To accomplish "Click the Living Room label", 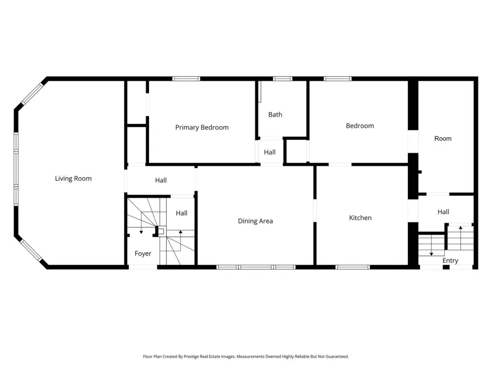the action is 74,179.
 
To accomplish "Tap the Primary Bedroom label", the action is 202,127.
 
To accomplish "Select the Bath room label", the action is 275,114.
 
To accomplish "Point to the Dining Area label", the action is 256,221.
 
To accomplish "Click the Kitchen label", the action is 360,218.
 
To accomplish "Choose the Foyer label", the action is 143,254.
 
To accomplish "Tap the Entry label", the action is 450,260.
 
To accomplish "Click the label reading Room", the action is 443,138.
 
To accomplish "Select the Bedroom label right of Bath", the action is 360,126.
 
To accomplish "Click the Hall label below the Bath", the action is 270,152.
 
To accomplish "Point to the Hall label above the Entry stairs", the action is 443,212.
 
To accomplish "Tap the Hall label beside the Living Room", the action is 160,180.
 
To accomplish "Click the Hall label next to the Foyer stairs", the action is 181,213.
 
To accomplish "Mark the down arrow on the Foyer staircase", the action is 141,223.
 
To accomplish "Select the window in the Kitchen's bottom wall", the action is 352,267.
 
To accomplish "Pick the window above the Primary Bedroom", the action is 186,79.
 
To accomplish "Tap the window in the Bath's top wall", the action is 283,79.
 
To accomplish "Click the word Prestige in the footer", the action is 191,357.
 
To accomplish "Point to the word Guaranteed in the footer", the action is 337,357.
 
